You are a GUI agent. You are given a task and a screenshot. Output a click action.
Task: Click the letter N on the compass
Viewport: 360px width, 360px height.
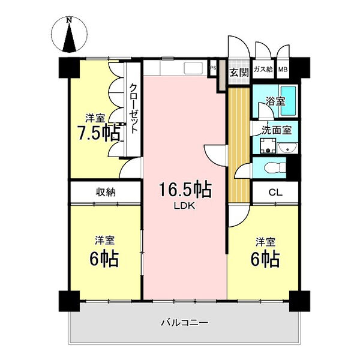69,20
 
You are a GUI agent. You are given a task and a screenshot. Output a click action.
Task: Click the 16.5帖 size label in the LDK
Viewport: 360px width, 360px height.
185,190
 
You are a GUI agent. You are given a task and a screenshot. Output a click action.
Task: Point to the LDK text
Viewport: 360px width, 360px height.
184,206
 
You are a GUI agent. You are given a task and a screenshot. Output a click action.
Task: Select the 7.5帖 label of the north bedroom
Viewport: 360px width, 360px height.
99,133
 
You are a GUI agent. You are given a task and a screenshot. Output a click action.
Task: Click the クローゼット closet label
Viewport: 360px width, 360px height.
133,109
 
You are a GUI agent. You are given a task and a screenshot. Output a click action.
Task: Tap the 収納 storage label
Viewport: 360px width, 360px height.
106,192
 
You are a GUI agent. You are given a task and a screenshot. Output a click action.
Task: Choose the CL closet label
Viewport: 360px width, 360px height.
275,193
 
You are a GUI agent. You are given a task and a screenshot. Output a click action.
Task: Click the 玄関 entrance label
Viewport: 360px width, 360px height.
239,73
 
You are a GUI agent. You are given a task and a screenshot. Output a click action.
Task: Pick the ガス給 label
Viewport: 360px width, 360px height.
263,69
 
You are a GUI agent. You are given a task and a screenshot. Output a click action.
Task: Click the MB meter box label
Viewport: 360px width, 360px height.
283,69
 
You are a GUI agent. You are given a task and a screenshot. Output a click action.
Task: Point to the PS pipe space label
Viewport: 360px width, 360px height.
213,68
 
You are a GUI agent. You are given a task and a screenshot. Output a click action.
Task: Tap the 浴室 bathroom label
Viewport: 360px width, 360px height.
275,101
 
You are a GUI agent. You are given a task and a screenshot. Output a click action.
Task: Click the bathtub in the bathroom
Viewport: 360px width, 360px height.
288,101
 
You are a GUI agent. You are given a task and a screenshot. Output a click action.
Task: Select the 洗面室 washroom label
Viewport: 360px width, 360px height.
277,130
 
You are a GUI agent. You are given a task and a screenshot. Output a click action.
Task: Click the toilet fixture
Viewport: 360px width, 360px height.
275,167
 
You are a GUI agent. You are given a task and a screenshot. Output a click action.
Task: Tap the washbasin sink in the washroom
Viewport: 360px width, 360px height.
287,148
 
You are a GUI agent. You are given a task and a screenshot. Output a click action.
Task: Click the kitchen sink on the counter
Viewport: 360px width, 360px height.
193,68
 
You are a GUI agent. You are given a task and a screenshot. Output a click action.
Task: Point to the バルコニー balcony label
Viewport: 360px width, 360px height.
185,323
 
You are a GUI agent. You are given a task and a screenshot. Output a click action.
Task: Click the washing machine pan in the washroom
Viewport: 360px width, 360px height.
268,146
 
